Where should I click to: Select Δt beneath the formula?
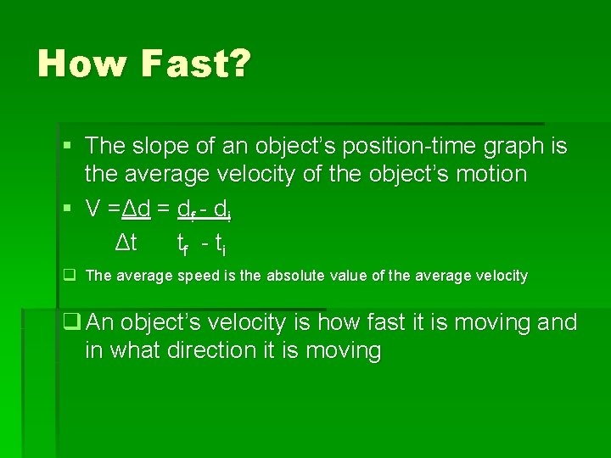126,244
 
